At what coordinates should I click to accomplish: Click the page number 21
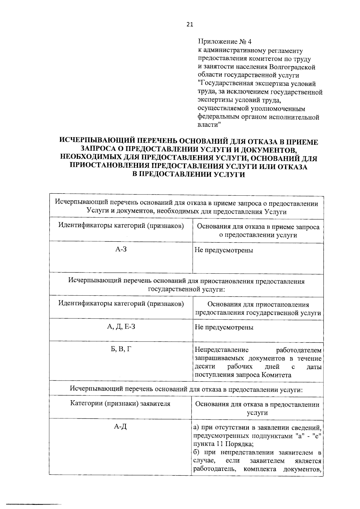(190, 25)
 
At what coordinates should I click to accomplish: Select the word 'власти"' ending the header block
(209, 125)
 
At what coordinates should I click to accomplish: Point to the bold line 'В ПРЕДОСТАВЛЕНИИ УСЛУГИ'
(189, 175)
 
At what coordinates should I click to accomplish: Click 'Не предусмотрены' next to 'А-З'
(224, 250)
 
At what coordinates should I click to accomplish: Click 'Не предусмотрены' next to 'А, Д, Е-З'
(224, 327)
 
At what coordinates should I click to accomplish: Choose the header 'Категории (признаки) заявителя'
(120, 404)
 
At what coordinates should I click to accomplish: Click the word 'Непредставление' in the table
(222, 350)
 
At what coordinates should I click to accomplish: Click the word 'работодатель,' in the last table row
(213, 469)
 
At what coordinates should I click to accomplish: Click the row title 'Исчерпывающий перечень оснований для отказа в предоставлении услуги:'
(186, 389)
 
